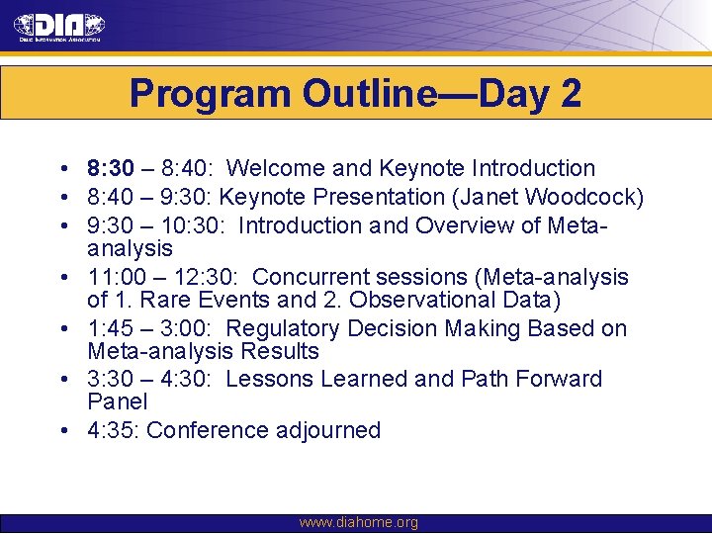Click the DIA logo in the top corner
[x=59, y=27]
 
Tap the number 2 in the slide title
[x=570, y=94]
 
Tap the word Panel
[x=117, y=401]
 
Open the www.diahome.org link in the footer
[x=358, y=522]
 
